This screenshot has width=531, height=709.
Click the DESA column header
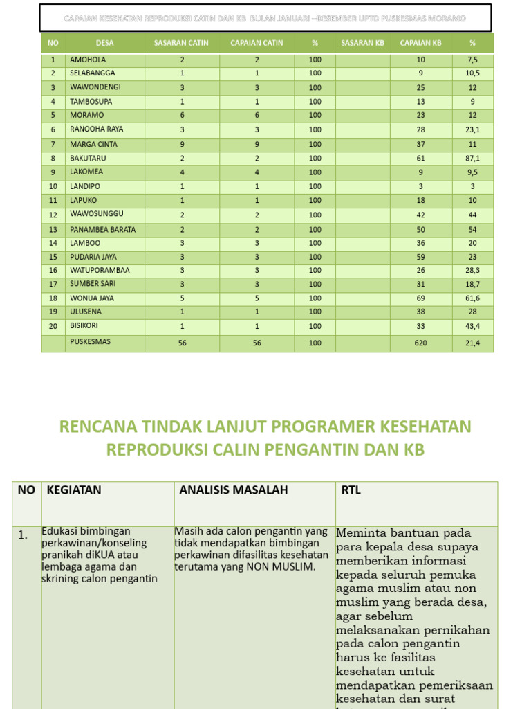coord(105,43)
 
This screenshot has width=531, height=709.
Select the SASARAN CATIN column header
coord(181,43)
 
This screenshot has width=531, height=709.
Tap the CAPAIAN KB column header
coord(420,43)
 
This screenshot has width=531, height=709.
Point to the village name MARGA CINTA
coord(93,144)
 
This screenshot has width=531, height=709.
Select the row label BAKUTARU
coord(88,158)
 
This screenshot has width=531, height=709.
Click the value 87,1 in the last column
coord(472,159)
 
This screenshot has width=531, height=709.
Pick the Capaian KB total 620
coord(421,343)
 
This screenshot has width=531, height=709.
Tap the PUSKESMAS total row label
coord(90,342)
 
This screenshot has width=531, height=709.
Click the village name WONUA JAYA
coord(92,298)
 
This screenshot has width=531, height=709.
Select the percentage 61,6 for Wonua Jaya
coord(472,298)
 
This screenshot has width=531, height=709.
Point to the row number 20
coord(53,325)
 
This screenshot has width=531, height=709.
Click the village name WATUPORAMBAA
coord(100,270)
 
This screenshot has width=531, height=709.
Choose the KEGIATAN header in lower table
coord(74,490)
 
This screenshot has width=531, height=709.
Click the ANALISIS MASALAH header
coord(234,490)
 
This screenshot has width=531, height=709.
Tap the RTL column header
coord(351,490)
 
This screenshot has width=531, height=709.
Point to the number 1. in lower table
coord(24,535)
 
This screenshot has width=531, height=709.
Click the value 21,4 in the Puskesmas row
coord(472,343)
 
